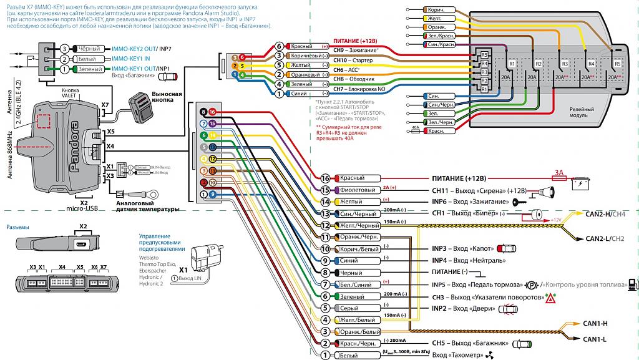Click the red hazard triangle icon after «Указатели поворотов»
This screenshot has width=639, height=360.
pos(551,298)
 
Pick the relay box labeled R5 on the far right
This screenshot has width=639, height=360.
pos(617,64)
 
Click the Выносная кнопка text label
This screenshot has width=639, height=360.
pos(167,97)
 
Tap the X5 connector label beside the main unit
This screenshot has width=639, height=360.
pos(110,132)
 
